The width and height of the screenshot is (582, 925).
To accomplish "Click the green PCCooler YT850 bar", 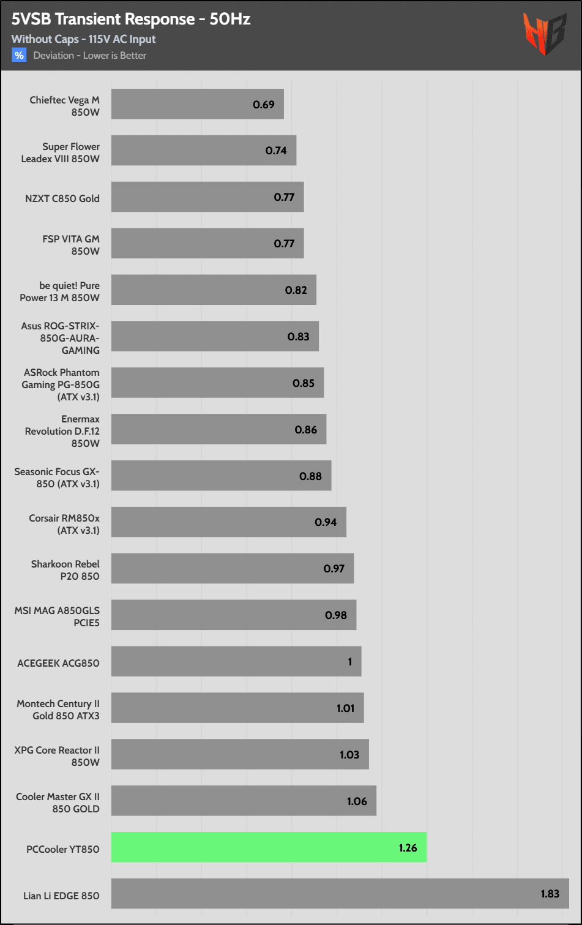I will [x=269, y=847].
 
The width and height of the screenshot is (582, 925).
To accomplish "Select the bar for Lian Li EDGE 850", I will [x=340, y=894].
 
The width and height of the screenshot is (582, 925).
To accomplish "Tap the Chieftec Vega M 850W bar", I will [x=197, y=104].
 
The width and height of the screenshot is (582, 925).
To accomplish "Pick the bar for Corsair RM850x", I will [x=228, y=522].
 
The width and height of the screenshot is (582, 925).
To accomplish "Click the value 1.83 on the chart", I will [x=550, y=894].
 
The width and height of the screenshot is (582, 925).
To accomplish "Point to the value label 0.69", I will [x=264, y=105].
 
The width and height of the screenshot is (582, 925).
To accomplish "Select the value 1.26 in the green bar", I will [x=408, y=848].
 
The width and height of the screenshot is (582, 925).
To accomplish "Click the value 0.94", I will [x=326, y=522].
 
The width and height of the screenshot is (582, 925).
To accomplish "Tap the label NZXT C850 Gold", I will [x=62, y=198].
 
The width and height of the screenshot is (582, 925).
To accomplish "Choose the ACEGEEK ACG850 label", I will [x=58, y=663].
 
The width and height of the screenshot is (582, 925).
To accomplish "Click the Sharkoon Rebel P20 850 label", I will [x=65, y=570].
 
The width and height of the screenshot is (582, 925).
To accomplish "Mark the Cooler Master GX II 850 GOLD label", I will [x=58, y=803].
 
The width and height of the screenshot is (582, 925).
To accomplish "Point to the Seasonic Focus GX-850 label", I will [x=56, y=477].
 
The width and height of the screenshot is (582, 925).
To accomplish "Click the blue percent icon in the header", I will [x=19, y=55].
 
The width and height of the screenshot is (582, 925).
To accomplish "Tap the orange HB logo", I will [x=544, y=34].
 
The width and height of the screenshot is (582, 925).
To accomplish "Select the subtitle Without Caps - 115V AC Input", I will [x=83, y=39].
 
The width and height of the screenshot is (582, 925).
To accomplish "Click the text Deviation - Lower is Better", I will [x=90, y=55].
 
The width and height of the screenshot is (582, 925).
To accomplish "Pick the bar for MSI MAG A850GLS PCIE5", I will [x=233, y=615].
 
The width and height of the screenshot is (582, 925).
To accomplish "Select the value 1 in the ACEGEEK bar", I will [x=350, y=662].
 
